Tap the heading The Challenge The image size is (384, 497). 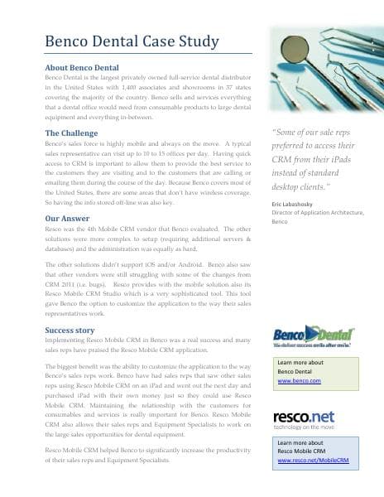pyautogui.click(x=74, y=133)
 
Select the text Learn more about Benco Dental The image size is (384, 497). pyautogui.click(x=300, y=368)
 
